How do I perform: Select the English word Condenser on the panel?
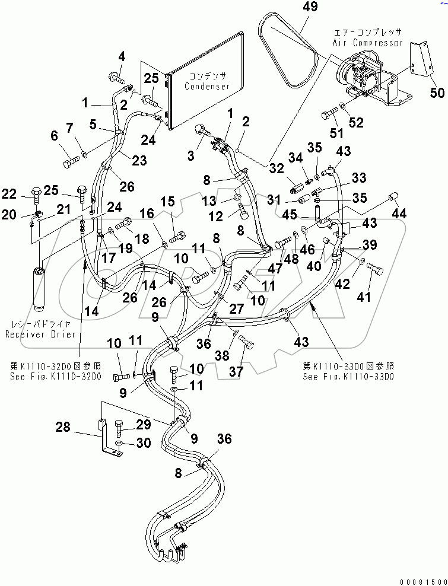206,86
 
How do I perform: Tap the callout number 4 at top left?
122,57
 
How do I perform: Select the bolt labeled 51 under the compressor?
329,112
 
